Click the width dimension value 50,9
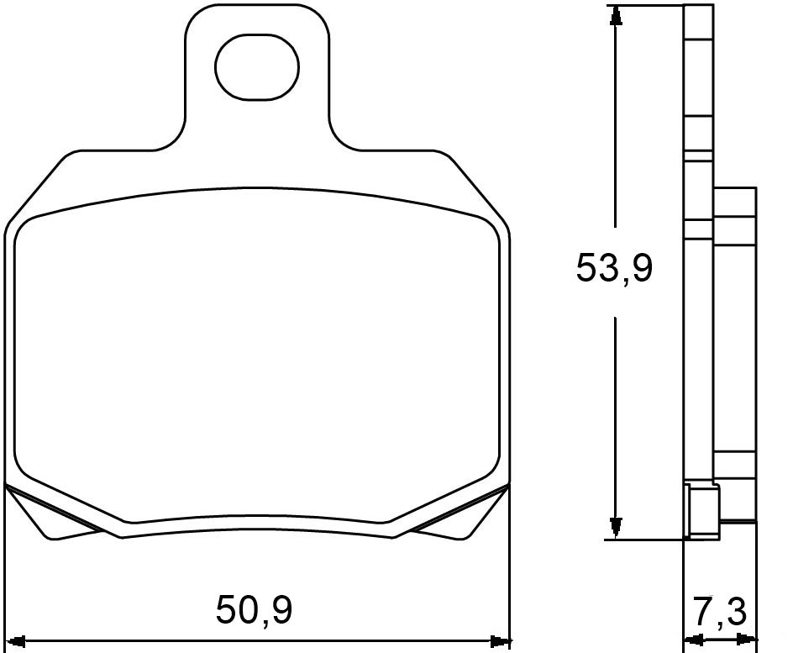point(254,610)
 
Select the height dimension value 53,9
point(614,268)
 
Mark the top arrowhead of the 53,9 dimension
point(617,15)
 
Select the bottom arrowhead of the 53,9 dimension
point(617,529)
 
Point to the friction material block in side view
point(737,353)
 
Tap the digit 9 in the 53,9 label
point(639,268)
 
